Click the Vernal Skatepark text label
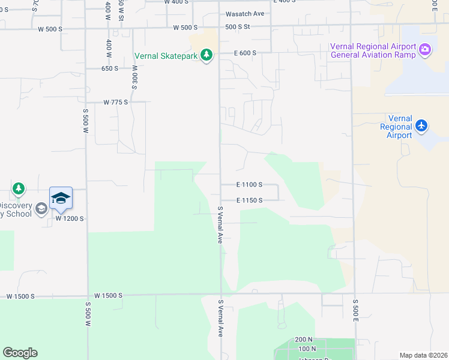tap(166, 56)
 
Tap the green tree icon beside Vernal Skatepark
tap(207, 55)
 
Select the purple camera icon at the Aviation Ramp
tap(425, 50)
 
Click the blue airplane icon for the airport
tap(421, 125)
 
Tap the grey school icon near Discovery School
tap(41, 209)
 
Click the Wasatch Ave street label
tap(244, 14)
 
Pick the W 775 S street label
tap(116, 103)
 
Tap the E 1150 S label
tap(249, 200)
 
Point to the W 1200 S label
tap(69, 219)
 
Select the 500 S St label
tap(238, 27)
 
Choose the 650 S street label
tap(110, 68)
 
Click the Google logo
tap(20, 353)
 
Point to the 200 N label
tap(304, 340)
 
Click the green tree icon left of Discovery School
tap(19, 189)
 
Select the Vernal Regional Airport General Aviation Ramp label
tap(373, 52)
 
